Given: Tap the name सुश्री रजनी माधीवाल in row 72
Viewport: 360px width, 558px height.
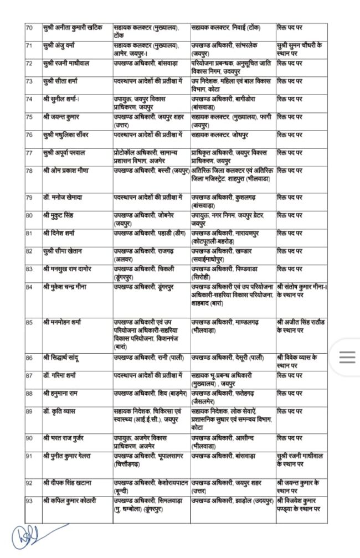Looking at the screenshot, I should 68,64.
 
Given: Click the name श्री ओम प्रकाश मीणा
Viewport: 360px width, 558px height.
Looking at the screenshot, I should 67,170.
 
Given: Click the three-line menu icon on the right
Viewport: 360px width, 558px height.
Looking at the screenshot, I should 347,358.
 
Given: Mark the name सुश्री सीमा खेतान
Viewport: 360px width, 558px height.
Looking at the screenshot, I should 65,251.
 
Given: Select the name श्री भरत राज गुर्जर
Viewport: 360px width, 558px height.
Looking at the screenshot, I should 65,438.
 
